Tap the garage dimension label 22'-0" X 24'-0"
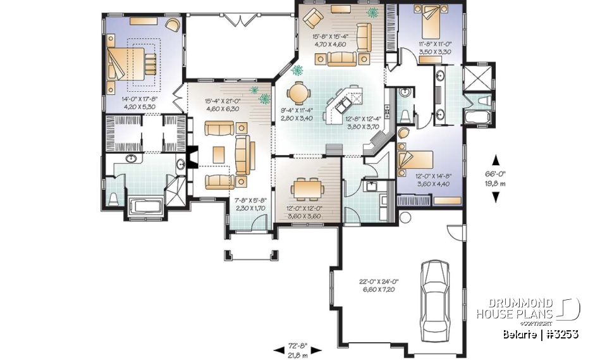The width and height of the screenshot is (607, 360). pyautogui.click(x=372, y=284)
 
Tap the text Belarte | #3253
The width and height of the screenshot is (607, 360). pyautogui.click(x=541, y=333)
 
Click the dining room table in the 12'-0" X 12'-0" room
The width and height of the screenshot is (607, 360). pyautogui.click(x=306, y=188)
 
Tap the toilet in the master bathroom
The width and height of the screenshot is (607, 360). pyautogui.click(x=114, y=199)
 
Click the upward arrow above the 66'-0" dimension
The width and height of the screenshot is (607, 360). pyautogui.click(x=496, y=160)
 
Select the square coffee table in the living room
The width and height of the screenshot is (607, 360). pyautogui.click(x=219, y=154)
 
